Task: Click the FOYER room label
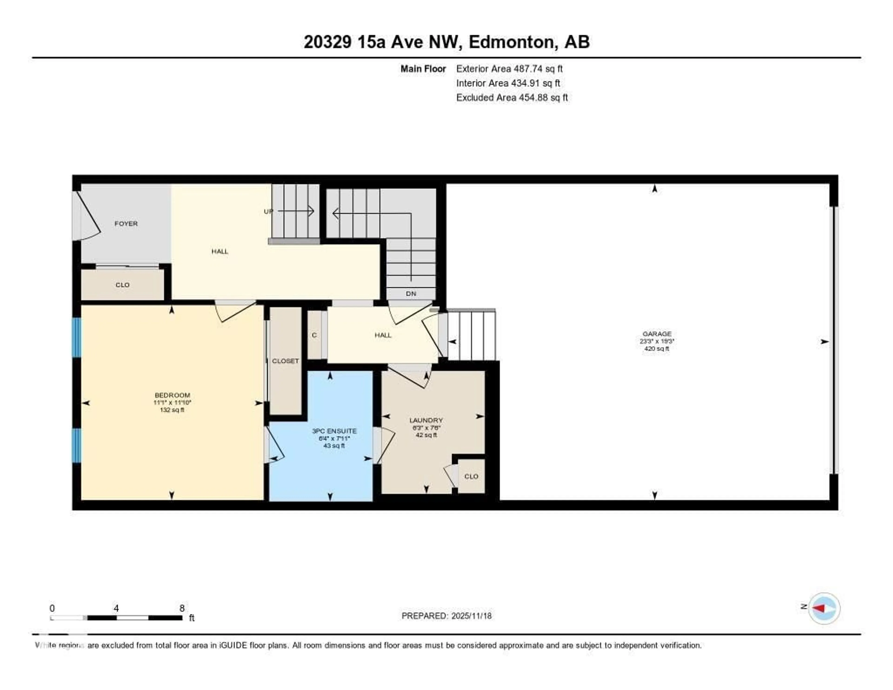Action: [x=126, y=224]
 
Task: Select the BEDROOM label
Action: [x=172, y=395]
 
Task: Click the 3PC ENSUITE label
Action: [x=334, y=431]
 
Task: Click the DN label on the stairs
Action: [x=411, y=294]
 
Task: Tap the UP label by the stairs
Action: [x=268, y=211]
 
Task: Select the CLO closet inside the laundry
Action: [x=471, y=476]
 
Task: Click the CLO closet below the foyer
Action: [x=122, y=285]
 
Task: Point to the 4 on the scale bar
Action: [x=117, y=608]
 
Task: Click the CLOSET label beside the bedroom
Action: [x=285, y=361]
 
